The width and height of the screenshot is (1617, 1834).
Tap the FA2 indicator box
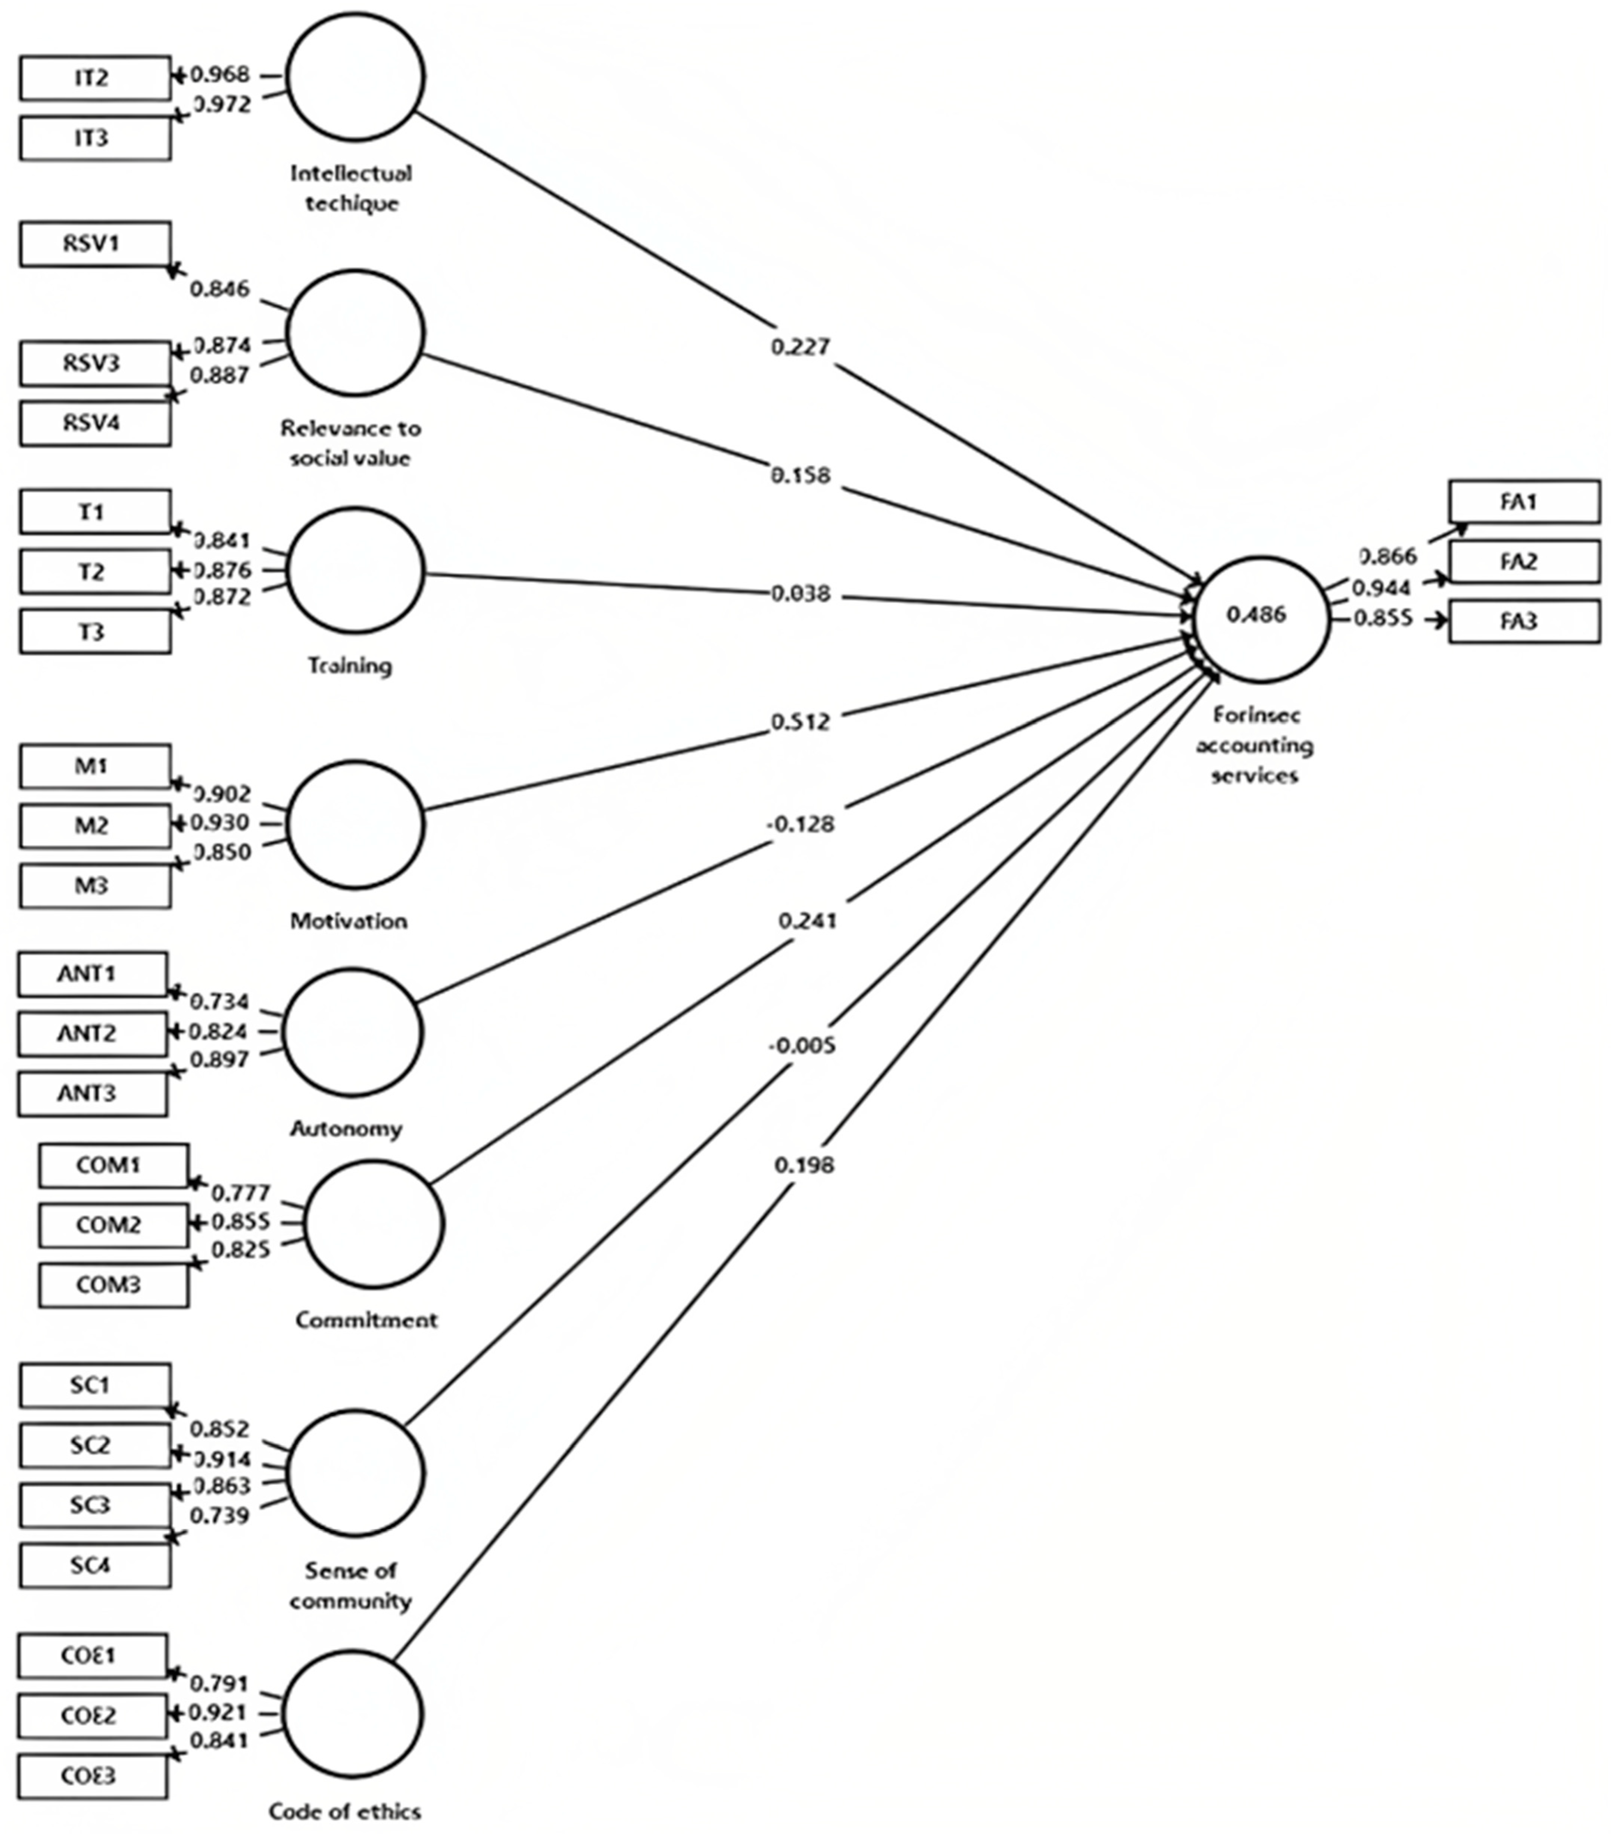[1524, 562]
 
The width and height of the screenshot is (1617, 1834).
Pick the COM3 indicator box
[113, 1285]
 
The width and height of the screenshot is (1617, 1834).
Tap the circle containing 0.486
[1260, 617]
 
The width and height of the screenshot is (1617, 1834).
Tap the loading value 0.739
[220, 1515]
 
